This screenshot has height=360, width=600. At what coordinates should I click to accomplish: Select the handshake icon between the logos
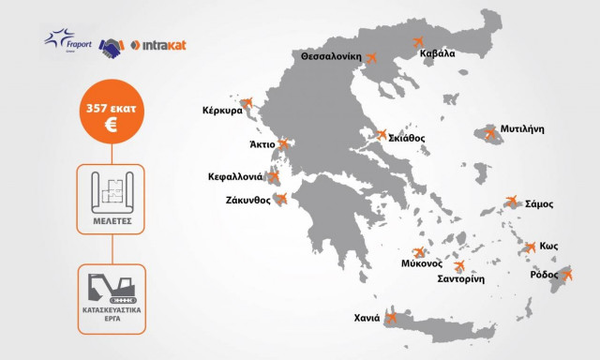point(113,44)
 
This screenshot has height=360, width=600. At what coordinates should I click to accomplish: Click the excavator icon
point(111,289)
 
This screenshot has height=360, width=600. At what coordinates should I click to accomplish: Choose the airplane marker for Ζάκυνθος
point(280,198)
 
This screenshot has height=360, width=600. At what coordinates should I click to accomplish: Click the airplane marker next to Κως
point(531,247)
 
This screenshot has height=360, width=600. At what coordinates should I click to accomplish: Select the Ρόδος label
point(545,275)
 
